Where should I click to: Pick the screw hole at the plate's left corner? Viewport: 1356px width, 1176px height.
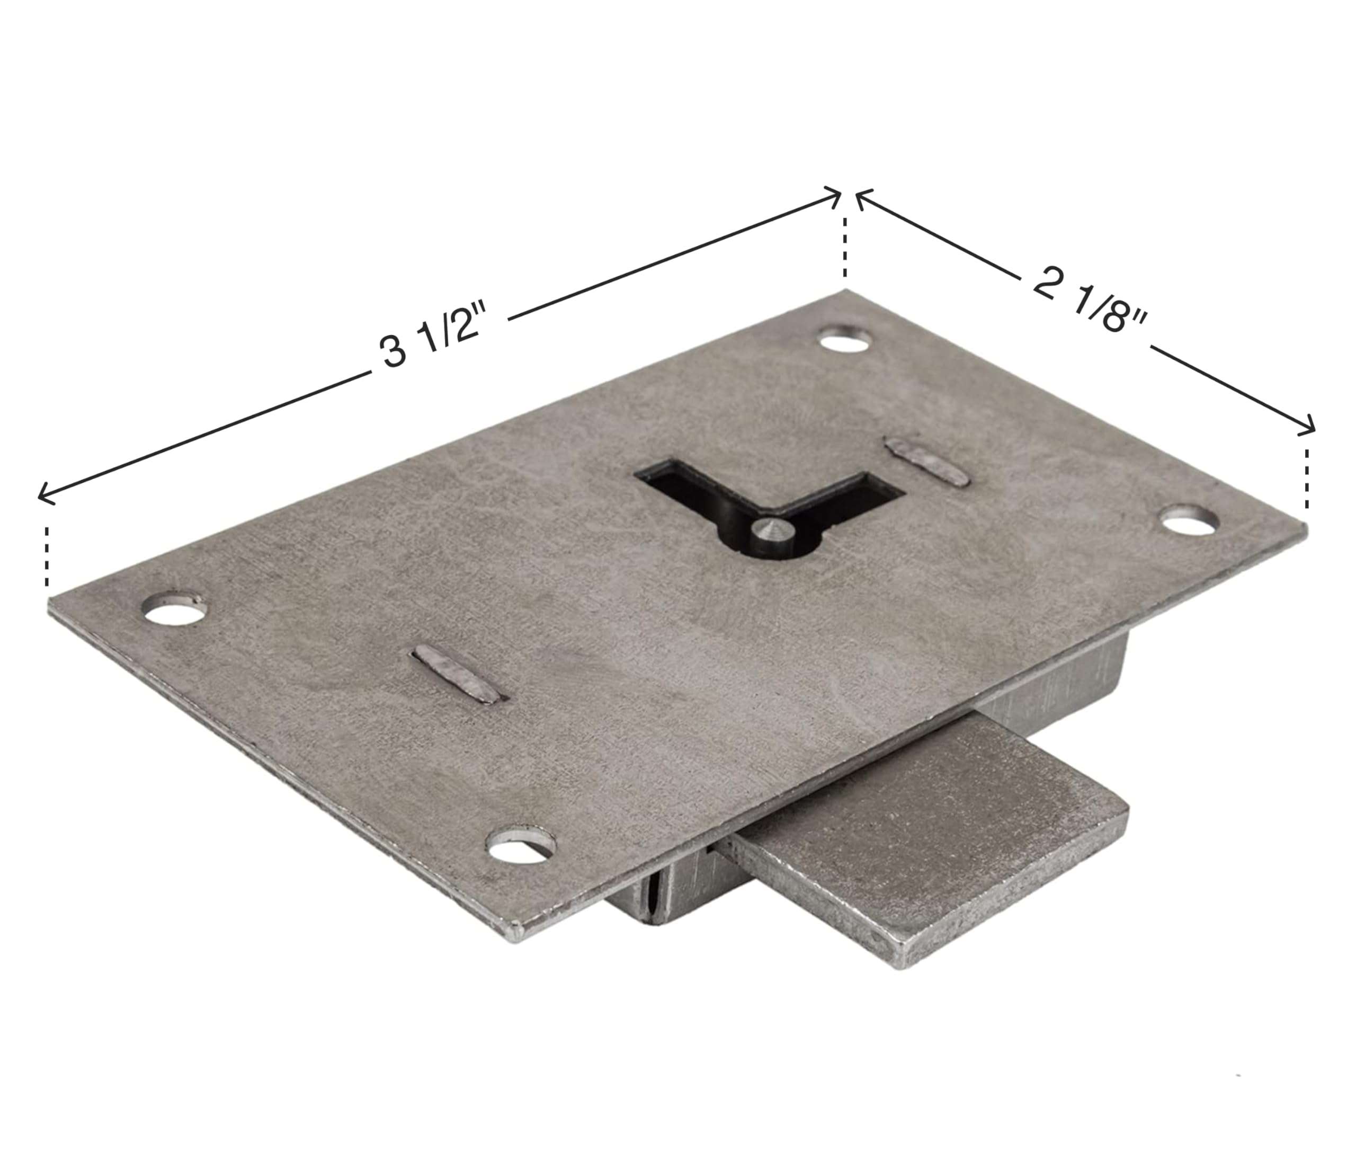(x=174, y=609)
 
